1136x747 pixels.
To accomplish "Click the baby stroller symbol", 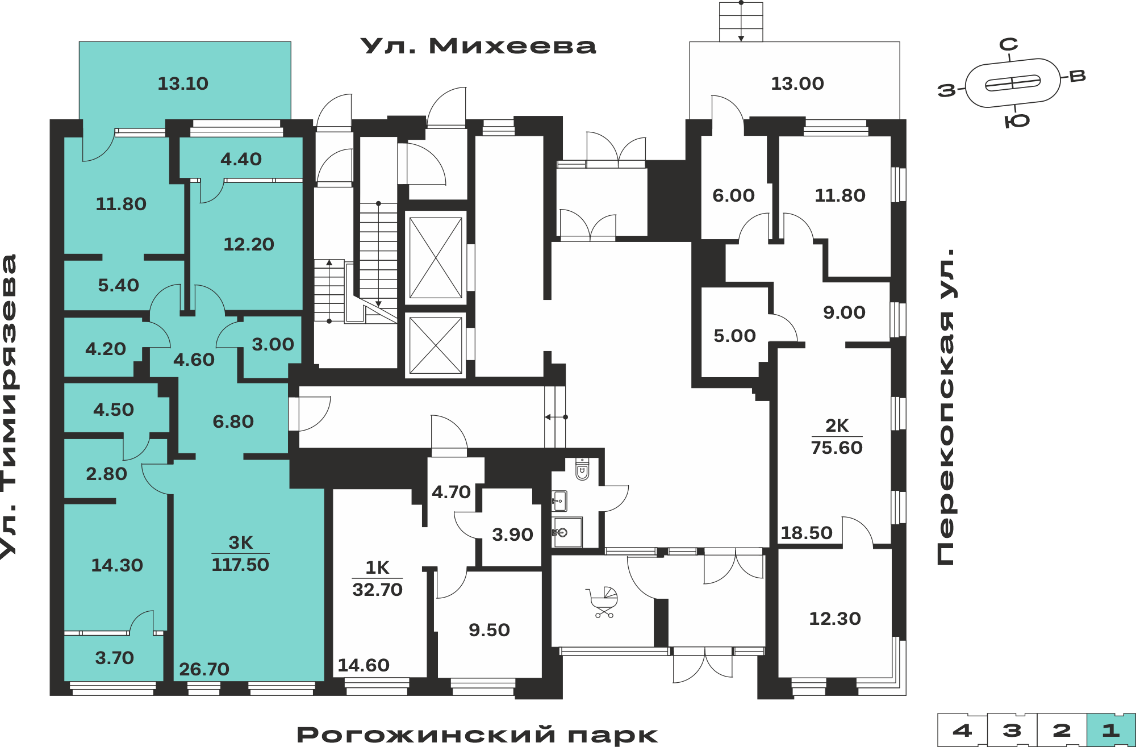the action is click(x=602, y=602).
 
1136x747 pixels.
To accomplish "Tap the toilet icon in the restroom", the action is click(x=582, y=469).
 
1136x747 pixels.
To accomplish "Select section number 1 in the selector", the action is click(x=1111, y=730).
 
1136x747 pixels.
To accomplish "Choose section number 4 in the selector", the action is click(x=962, y=730).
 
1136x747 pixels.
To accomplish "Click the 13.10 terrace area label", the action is click(x=183, y=84).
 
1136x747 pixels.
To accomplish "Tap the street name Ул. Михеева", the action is click(x=478, y=46).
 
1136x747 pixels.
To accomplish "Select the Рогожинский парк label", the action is click(x=477, y=735).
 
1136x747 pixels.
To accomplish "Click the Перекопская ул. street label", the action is click(x=946, y=407).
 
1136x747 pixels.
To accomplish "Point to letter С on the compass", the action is click(x=1009, y=44).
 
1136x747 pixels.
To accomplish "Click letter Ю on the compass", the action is click(x=1017, y=121).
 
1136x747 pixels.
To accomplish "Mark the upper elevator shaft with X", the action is click(x=436, y=258).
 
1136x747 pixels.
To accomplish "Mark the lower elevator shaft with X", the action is click(x=436, y=345).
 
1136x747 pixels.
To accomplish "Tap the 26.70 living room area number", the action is click(x=204, y=669).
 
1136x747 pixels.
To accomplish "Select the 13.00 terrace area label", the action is click(x=797, y=84).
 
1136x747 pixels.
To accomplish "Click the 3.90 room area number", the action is click(x=512, y=535).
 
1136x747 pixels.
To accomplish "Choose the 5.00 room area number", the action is click(x=734, y=336).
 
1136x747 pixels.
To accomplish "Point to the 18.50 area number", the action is click(x=806, y=533).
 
